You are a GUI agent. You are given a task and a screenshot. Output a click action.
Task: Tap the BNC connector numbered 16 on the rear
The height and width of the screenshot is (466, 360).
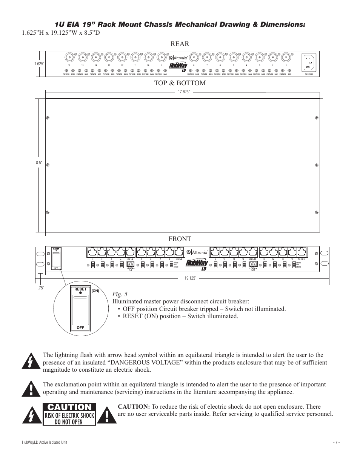click(69, 57)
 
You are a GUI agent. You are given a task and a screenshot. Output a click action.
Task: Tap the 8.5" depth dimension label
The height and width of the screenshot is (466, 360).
click(38, 163)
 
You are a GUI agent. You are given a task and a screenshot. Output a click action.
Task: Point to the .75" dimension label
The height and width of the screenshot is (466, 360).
click(40, 289)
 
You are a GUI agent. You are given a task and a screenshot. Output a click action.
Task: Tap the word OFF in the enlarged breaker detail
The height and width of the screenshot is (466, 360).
click(80, 328)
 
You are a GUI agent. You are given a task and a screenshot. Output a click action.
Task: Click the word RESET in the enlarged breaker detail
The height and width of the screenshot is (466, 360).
click(80, 289)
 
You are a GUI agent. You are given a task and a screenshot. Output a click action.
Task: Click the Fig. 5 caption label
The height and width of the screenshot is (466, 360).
click(119, 294)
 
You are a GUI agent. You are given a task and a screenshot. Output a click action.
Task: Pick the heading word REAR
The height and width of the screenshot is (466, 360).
click(180, 44)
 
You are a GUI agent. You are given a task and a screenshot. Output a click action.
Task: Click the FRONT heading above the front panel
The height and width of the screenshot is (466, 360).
click(180, 239)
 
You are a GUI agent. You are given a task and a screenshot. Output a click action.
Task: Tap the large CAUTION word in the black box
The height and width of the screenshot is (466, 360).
click(69, 407)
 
